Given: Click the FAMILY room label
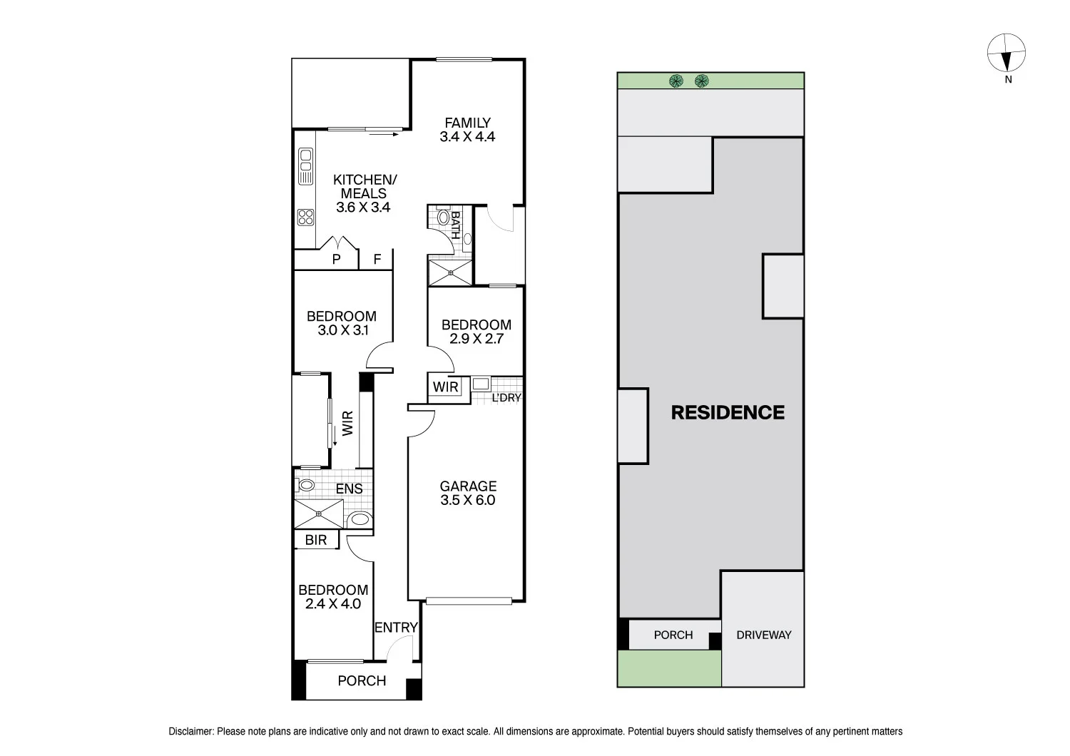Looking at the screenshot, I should tap(467, 123).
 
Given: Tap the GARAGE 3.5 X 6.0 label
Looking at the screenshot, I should tap(468, 493).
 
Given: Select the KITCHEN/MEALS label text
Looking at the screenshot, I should tap(364, 187).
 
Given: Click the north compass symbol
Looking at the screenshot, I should tap(1007, 54).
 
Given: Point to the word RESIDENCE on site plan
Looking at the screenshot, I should tap(728, 412).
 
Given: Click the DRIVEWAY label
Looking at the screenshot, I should tap(763, 635).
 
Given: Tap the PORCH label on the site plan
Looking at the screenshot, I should tap(673, 635).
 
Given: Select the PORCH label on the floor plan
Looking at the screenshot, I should tap(362, 680).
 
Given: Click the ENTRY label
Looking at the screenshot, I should tap(396, 628).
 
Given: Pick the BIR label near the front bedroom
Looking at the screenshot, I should tap(315, 540).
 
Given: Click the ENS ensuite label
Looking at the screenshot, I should tap(349, 489).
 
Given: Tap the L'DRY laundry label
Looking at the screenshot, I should tap(506, 398).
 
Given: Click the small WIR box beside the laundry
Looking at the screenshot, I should tap(446, 387).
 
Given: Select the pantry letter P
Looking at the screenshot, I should tap(337, 260).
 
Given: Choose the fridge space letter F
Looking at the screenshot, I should tap(377, 260).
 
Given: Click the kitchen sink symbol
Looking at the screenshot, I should tap(306, 166).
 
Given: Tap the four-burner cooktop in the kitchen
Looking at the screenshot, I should tap(306, 216).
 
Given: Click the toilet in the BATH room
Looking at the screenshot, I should tap(443, 218).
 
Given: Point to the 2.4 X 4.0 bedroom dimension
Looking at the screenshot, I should tap(333, 604).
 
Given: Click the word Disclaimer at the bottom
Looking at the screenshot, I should tap(190, 731).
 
